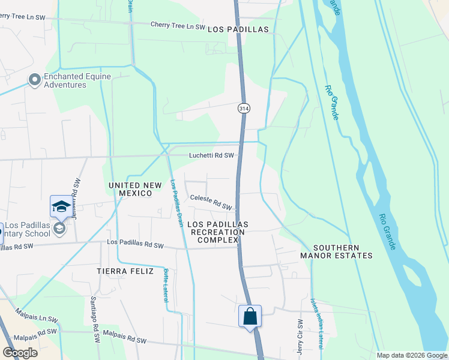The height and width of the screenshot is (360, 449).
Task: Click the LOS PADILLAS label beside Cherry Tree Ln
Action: coord(237,29)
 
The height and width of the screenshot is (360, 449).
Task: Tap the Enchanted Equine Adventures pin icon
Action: coord(35,79)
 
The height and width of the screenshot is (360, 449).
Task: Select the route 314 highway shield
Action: coord(243,109)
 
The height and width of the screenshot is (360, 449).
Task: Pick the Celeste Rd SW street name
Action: coord(211,202)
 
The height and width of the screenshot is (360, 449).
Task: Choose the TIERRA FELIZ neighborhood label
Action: coord(122,271)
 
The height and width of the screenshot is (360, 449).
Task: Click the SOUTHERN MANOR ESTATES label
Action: coord(336,251)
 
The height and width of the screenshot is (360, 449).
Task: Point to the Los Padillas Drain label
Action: coord(177,203)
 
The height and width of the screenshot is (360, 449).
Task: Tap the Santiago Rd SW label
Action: coord(95,320)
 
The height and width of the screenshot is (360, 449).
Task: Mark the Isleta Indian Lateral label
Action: coord(316,325)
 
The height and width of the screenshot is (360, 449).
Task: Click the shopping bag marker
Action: coord(250,316)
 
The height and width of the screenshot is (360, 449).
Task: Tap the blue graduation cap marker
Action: coord(60,206)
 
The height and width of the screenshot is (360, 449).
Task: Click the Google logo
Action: coord(20,353)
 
